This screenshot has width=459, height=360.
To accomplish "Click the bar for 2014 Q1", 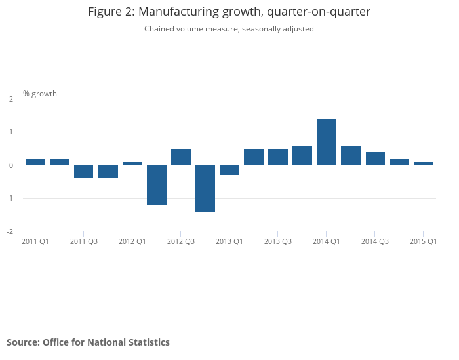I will point(327,142).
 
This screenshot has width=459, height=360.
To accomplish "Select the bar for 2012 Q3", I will point(181,157).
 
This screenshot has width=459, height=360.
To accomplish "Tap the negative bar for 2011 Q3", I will point(83,172).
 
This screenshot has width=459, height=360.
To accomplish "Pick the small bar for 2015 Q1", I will point(424,163).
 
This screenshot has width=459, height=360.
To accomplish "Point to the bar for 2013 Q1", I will point(229,170).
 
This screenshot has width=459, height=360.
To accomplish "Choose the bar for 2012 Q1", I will point(132,163).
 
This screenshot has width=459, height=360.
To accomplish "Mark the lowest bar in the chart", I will point(205,188).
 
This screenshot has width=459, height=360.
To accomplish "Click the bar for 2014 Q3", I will point(375,159).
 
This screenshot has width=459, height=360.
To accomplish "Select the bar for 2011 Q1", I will point(35,162).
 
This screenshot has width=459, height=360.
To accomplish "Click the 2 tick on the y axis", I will point(11,99).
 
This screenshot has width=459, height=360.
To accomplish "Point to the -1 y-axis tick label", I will point(10,198).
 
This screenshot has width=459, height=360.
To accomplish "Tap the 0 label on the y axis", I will point(11,165).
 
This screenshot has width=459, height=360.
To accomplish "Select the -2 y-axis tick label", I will point(10,231).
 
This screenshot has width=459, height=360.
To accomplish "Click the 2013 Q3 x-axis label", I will point(278,241).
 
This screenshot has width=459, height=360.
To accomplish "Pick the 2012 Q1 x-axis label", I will point(132,241).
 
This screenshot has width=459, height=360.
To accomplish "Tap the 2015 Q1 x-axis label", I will point(423,241).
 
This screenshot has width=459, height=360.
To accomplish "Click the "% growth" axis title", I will point(40,94).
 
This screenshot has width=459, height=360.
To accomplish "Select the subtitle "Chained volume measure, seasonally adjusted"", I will point(229,29).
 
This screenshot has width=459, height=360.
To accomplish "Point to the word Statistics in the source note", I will point(147,342).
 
